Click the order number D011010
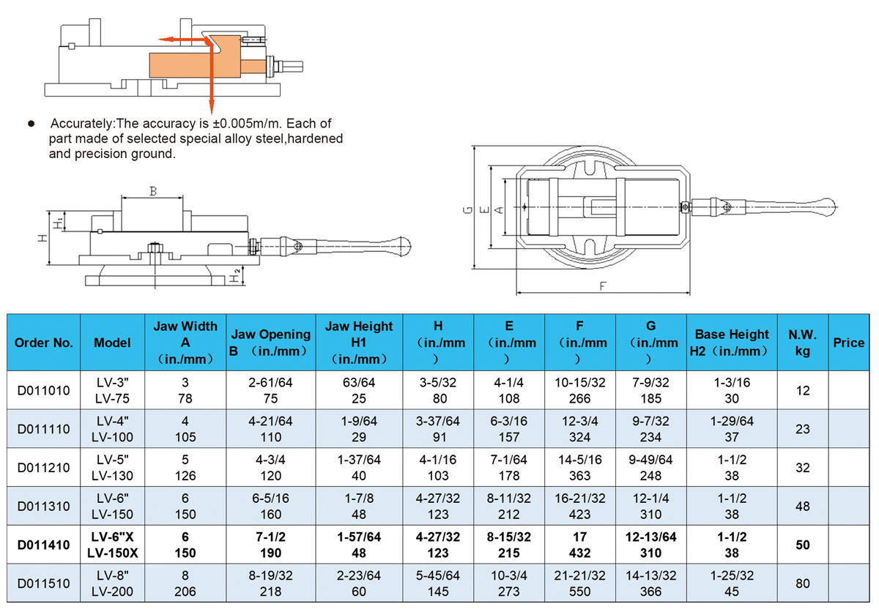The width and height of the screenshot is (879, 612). point(43,391)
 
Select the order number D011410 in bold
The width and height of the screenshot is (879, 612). point(43,545)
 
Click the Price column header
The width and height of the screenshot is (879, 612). point(848,343)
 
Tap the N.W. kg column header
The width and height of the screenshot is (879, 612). point(802,343)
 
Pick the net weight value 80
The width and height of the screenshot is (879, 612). point(802,583)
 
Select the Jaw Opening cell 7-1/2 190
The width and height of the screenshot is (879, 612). point(270,545)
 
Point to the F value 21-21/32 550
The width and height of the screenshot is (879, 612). point(579,583)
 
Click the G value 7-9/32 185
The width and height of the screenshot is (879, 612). point(650,391)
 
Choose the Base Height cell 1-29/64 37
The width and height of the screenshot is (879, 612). point(731,429)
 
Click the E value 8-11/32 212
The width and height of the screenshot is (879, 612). point(508,506)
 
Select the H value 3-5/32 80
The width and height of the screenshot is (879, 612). point(437,391)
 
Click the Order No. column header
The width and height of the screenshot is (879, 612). point(43,343)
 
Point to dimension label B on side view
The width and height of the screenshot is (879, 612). point(153,192)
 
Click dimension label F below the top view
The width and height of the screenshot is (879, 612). point(603,286)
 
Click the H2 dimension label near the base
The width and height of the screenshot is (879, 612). point(234,276)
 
